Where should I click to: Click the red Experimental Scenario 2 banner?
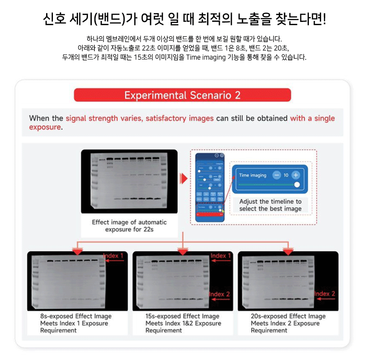(x=182, y=95)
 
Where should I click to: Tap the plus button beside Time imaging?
(x=296, y=175)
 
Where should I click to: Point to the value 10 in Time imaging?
(x=286, y=175)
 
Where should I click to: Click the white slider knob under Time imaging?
(x=297, y=185)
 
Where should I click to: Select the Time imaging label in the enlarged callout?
(x=252, y=175)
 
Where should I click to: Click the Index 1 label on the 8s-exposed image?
(x=113, y=256)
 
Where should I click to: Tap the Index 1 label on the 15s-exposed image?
(x=221, y=256)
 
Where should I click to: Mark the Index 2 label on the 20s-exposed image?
(x=325, y=294)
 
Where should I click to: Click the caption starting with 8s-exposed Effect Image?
(x=76, y=323)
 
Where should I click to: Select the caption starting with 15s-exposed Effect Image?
(x=183, y=323)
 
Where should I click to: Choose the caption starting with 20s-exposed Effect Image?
(x=288, y=323)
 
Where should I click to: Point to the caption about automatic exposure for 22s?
(x=129, y=226)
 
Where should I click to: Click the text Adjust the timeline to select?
(x=270, y=205)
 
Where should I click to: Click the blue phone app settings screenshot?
(x=210, y=187)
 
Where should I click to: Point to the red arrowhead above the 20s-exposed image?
(x=288, y=252)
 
